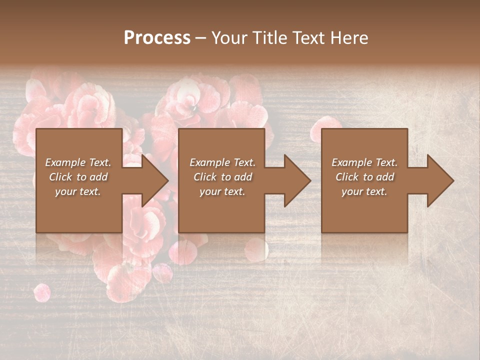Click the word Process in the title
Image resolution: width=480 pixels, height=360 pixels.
[157, 38]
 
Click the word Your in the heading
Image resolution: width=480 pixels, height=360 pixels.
[228, 38]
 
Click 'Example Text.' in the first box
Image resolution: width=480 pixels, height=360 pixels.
[78, 162]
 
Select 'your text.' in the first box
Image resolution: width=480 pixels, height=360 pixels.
[78, 191]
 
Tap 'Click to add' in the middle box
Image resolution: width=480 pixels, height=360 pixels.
[222, 177]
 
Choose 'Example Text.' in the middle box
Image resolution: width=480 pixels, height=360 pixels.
[222, 162]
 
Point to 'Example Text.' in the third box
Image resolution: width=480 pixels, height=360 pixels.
[364, 162]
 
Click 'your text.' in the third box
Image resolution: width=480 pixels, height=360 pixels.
[364, 191]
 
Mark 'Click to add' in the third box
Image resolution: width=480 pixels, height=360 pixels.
[364, 177]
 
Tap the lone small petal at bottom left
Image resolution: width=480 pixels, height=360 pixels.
[42, 292]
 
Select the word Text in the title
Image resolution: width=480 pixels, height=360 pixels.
[308, 38]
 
